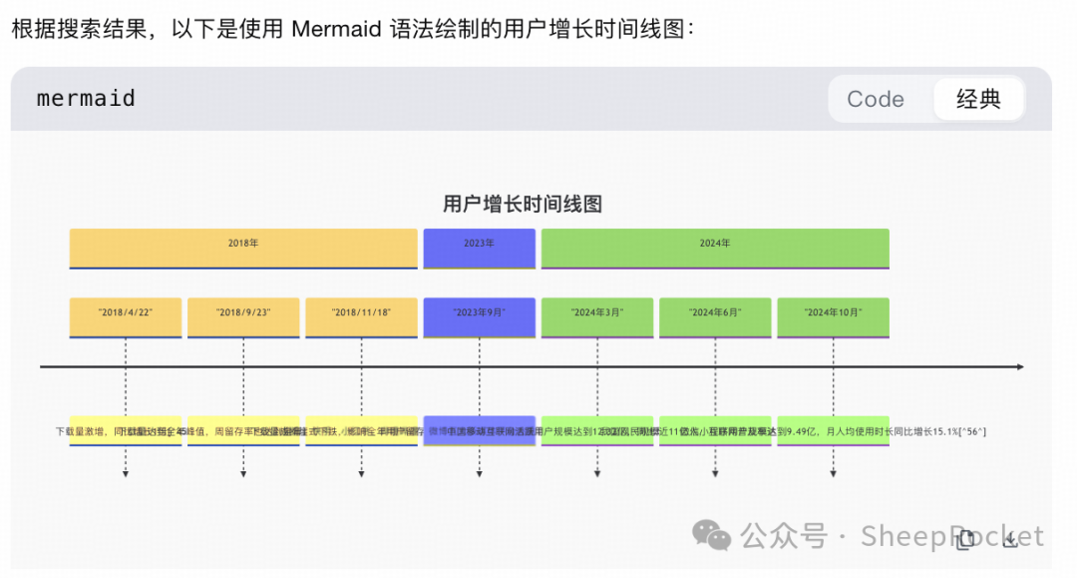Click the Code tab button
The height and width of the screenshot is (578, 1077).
876,99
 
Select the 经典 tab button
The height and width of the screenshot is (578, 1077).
977,99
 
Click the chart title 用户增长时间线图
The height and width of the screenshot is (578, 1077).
523,205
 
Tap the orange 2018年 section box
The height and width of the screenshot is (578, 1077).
243,247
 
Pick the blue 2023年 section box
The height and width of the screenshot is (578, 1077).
479,247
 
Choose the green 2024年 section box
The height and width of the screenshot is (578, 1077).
715,247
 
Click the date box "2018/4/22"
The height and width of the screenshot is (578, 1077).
126,316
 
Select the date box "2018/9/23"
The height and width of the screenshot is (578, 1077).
243,316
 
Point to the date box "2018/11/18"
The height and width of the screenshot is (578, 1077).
361,316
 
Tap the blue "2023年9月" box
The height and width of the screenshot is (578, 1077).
479,316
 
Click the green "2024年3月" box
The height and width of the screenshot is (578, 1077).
597,316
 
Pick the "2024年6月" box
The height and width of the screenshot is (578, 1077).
715,316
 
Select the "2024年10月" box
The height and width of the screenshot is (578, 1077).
833,316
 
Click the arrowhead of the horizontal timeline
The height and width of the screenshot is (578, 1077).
1020,367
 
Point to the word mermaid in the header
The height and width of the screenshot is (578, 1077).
86,99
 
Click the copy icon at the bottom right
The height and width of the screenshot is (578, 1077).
964,540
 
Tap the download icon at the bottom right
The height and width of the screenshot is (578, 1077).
1010,540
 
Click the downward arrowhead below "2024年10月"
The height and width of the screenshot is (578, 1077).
833,474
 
